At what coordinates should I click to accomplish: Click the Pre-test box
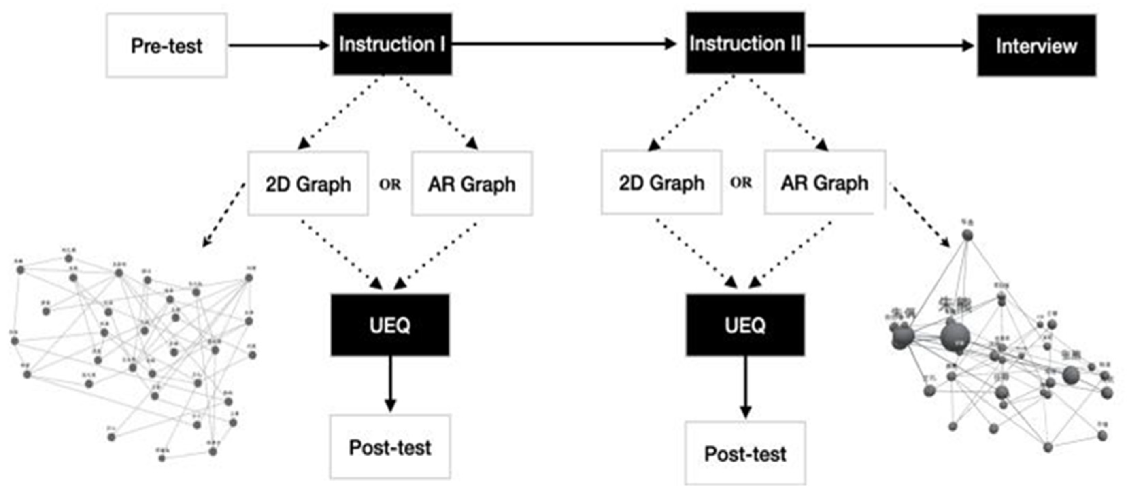point(166,46)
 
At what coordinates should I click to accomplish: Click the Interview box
point(1036,46)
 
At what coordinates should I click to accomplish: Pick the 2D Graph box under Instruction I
point(308,184)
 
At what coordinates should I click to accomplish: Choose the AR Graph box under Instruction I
point(472,184)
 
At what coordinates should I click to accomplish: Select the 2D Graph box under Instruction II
point(661,182)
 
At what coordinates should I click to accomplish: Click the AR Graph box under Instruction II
point(825,182)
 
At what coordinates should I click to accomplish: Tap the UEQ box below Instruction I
point(390,325)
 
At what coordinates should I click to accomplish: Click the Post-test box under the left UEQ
point(390,447)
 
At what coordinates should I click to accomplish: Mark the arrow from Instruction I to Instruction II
point(565,43)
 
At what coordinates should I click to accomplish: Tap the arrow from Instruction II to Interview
point(889,45)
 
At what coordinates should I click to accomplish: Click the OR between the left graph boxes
point(390,184)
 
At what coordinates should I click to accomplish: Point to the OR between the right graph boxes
point(741,182)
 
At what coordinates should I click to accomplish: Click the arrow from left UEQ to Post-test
point(390,383)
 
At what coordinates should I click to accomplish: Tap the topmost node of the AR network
point(967,235)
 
